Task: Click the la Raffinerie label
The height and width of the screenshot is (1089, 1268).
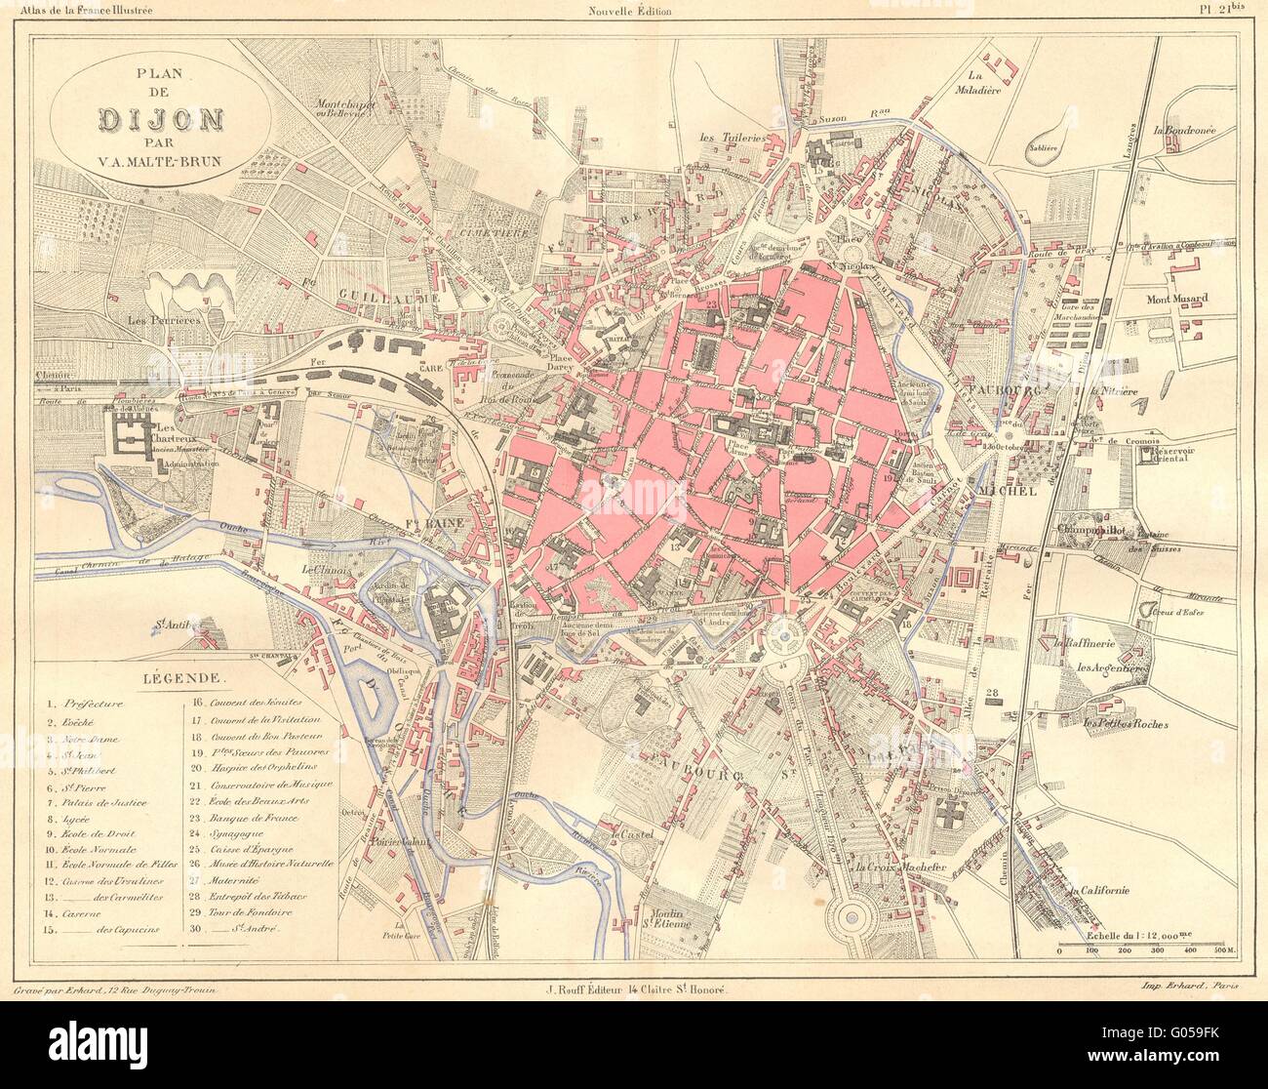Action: (1082, 644)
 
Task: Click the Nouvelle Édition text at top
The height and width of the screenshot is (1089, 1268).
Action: (632, 11)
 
